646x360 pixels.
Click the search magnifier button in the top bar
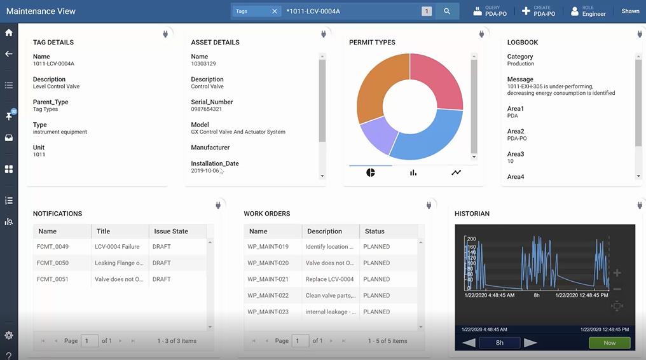tap(447, 11)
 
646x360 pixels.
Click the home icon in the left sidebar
tap(9, 33)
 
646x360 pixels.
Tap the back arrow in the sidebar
tap(9, 54)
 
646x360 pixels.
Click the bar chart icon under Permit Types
tap(413, 172)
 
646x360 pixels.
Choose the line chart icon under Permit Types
tap(456, 172)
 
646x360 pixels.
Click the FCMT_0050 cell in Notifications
tap(53, 263)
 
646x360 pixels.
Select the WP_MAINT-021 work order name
tap(268, 279)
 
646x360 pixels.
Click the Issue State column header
tap(171, 232)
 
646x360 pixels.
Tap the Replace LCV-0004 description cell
tap(329, 279)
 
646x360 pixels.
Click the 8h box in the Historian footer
tap(500, 343)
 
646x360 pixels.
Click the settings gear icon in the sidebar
tap(9, 335)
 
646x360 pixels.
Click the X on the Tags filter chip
tap(275, 11)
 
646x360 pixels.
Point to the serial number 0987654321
tap(207, 109)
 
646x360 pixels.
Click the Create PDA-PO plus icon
tap(526, 11)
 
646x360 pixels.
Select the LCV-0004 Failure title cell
tap(117, 247)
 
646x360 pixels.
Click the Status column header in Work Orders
tap(375, 232)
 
